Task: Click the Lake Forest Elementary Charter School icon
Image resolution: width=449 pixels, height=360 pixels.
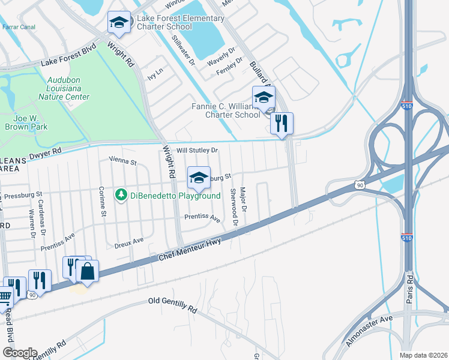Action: pyautogui.click(x=119, y=23)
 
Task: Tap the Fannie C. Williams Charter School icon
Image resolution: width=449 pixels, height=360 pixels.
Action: pyautogui.click(x=263, y=97)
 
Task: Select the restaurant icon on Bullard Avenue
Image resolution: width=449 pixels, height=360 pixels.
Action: pyautogui.click(x=282, y=124)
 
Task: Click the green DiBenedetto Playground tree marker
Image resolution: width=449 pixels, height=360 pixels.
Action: pyautogui.click(x=121, y=195)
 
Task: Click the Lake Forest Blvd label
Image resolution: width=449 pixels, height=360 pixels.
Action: pyautogui.click(x=68, y=57)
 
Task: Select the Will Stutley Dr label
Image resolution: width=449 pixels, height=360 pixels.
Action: pyautogui.click(x=196, y=150)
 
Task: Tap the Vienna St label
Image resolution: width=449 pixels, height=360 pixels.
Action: pyautogui.click(x=122, y=161)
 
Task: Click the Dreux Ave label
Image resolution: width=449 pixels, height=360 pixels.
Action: pyautogui.click(x=128, y=242)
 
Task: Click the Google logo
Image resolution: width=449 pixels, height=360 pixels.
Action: pyautogui.click(x=19, y=352)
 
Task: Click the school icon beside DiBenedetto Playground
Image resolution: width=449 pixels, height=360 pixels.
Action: pyautogui.click(x=199, y=178)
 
